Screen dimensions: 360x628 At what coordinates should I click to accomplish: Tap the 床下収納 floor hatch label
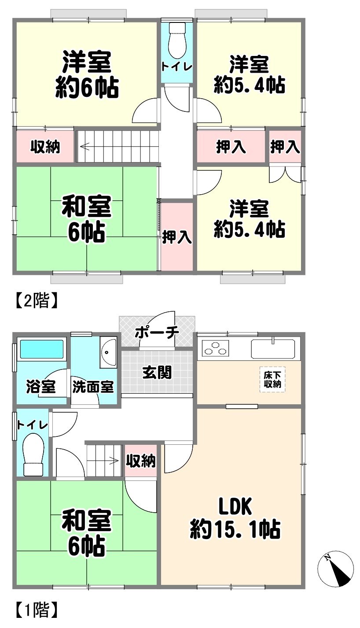click(x=272, y=380)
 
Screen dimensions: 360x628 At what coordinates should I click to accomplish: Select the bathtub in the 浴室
click(x=41, y=349)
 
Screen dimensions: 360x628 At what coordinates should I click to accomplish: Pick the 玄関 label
click(x=157, y=373)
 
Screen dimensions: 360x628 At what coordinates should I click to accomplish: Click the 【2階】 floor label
click(x=37, y=300)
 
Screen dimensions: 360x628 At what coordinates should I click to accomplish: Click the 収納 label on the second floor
click(x=45, y=147)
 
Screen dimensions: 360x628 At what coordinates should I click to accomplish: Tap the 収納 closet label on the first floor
click(x=140, y=460)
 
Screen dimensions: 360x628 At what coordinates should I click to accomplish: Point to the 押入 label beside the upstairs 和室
click(x=177, y=237)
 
